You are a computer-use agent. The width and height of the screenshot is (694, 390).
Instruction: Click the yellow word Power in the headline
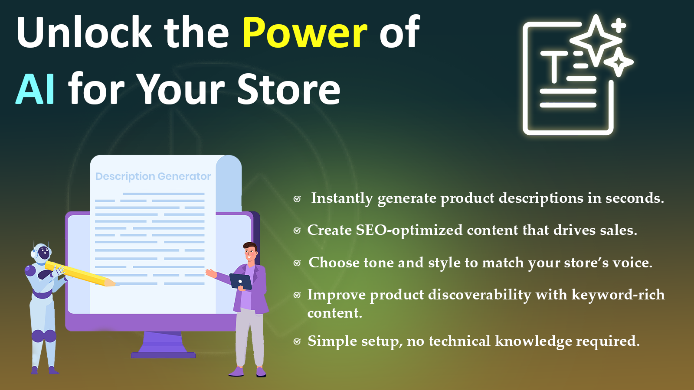pos(305,32)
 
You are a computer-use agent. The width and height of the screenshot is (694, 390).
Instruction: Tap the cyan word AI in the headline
pos(36,89)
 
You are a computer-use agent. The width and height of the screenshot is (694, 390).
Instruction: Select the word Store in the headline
pos(289,89)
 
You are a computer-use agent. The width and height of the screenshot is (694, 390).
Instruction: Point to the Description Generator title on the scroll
pos(153,176)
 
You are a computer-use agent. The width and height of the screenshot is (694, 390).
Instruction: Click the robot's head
pos(41,252)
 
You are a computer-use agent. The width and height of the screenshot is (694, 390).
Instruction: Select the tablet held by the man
pos(241,281)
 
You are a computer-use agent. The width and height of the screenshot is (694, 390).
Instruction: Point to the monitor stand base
pos(163,355)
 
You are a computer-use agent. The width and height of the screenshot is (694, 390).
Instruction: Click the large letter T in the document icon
pos(554,66)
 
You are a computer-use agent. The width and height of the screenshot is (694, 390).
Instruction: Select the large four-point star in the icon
pos(596,39)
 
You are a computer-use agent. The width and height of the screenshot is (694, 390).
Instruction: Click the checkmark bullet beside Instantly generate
pos(297,199)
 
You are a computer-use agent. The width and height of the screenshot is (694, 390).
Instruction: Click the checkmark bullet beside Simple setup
pos(297,341)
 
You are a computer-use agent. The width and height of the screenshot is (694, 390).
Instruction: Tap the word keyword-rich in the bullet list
pos(618,295)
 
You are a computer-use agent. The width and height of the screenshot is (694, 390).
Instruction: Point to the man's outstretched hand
pos(211,273)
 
